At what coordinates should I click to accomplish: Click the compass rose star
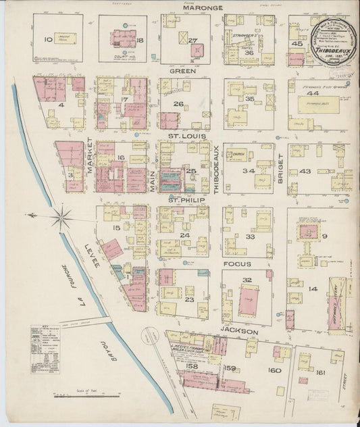tap(61, 216)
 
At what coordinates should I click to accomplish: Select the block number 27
tap(193, 41)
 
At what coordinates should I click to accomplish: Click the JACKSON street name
tap(238, 332)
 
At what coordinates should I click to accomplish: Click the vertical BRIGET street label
tap(279, 168)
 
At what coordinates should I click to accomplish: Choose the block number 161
tap(320, 372)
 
